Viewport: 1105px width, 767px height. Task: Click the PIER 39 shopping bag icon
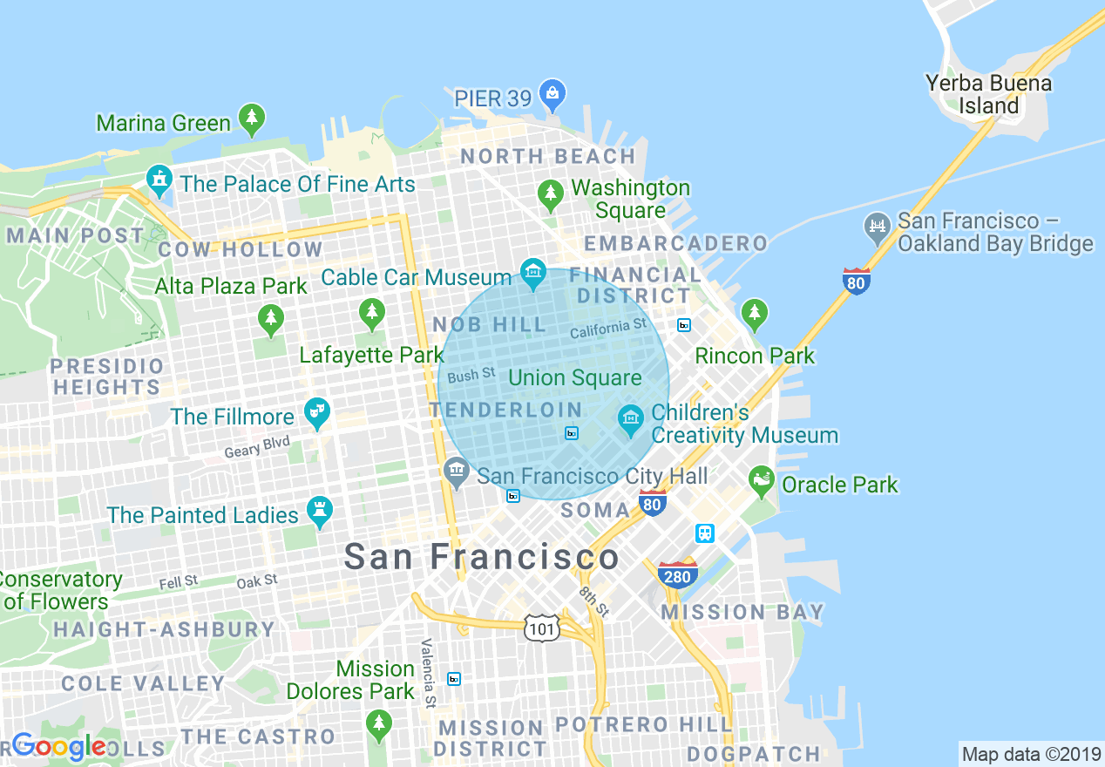point(552,95)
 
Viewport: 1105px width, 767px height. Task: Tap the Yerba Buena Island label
point(988,95)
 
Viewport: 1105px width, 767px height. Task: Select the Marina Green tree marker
point(252,119)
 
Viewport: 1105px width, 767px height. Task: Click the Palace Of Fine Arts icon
point(159,181)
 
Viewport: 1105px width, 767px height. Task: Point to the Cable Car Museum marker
point(532,274)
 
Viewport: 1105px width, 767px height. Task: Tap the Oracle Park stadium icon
point(762,481)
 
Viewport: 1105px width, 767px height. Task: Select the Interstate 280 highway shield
point(677,575)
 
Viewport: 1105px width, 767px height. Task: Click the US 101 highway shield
point(541,627)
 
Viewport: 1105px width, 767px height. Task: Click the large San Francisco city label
point(481,557)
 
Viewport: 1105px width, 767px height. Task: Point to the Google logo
point(58,746)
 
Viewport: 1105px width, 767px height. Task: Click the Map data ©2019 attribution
point(1030,753)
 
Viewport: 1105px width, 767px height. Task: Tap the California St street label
point(609,329)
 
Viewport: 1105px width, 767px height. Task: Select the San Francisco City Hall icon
point(456,473)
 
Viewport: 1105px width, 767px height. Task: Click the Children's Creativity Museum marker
point(630,420)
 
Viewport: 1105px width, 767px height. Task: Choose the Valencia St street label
point(427,672)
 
